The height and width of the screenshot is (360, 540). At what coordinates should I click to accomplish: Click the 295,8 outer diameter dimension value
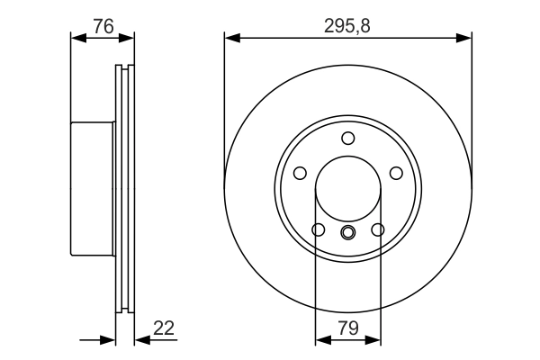click(x=347, y=26)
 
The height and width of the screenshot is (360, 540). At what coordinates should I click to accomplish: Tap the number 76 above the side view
click(x=103, y=26)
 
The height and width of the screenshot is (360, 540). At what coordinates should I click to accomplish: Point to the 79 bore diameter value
click(x=347, y=329)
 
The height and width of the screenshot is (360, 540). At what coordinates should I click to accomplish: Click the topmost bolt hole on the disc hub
click(x=348, y=138)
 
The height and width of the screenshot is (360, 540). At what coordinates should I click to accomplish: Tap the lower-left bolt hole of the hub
click(x=318, y=230)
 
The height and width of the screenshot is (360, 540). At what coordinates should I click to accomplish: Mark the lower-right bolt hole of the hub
click(x=378, y=230)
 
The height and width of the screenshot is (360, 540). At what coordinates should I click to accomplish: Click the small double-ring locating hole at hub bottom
click(x=348, y=233)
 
